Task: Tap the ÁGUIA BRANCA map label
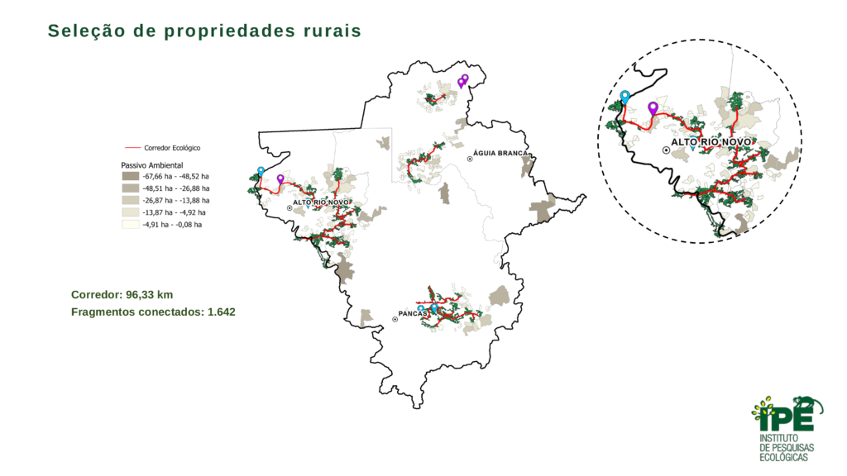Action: coord(501,155)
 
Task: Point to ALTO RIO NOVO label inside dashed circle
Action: coord(711,142)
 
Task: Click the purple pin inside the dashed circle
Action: coord(653,109)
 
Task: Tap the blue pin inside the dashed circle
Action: coord(625,97)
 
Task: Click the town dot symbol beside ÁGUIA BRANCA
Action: coord(470,159)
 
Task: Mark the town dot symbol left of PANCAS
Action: coord(395,319)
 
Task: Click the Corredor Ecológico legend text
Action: coord(172,148)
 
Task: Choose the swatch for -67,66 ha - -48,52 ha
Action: coord(130,177)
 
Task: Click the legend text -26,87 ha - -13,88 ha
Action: coord(176,201)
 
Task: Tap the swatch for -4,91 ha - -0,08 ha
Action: coord(130,224)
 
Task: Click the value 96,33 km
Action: coord(150,294)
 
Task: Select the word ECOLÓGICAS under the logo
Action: coord(787,457)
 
